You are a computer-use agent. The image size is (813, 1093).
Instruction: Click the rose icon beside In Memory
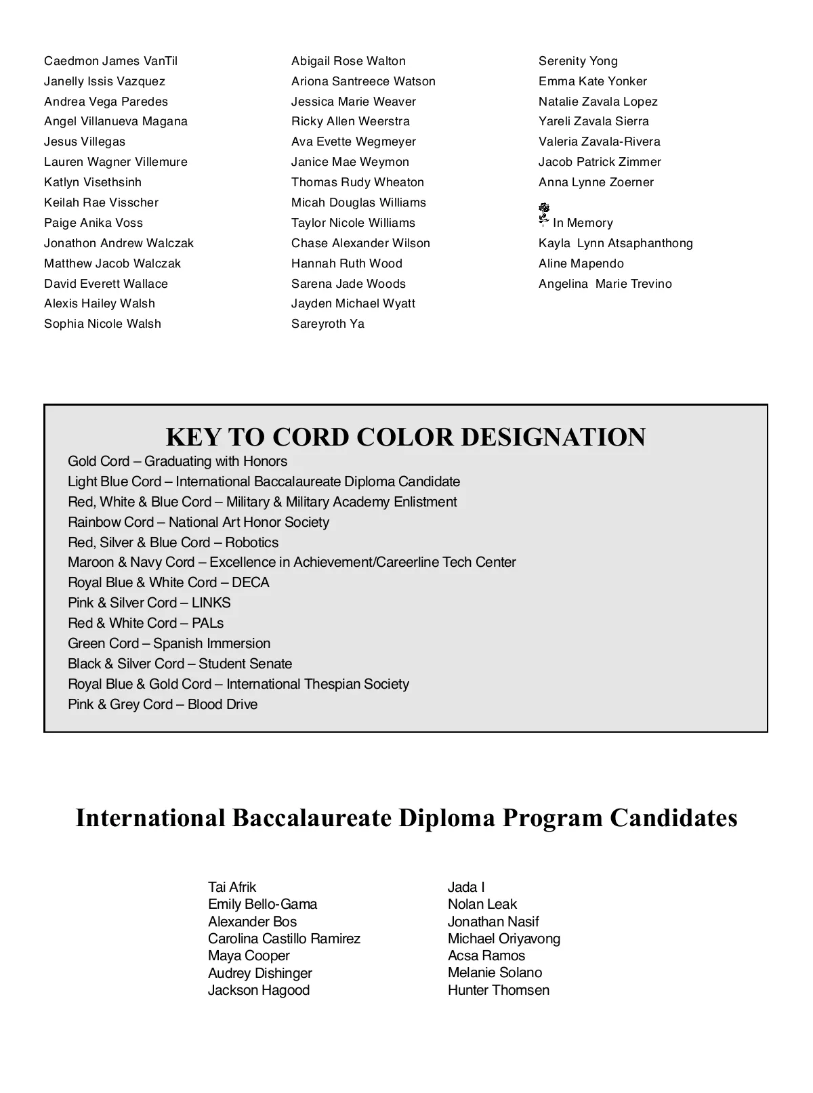[543, 213]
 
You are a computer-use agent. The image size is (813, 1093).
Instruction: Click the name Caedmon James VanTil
[110, 61]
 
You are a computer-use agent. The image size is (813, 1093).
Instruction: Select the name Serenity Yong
[578, 61]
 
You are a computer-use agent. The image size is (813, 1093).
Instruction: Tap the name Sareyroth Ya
[328, 324]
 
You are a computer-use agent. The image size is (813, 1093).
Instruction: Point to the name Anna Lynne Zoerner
[596, 182]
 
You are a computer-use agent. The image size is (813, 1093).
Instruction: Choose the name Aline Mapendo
[581, 263]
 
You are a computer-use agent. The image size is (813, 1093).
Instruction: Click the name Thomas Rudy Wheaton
[358, 182]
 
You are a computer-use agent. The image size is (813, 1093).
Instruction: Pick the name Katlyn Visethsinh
[93, 182]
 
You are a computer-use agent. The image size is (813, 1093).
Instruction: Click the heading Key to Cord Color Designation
[406, 437]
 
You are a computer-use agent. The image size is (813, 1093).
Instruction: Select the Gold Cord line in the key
[178, 461]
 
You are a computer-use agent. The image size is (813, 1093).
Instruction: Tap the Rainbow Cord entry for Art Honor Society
[199, 522]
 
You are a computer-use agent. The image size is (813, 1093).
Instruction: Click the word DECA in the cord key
[251, 582]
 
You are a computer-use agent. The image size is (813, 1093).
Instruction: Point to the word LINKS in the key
[211, 603]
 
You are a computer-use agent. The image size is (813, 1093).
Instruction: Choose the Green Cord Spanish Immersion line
[169, 643]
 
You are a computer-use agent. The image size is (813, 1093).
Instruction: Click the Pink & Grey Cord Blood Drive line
[163, 704]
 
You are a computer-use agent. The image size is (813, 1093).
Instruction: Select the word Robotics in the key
[252, 542]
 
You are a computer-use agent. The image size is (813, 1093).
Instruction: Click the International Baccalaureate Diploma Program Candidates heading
[406, 817]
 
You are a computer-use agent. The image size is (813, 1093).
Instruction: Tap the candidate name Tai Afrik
[232, 887]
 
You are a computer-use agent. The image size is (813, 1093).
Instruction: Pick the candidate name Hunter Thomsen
[499, 990]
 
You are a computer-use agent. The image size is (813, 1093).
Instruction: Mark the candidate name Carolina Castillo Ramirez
[284, 939]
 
